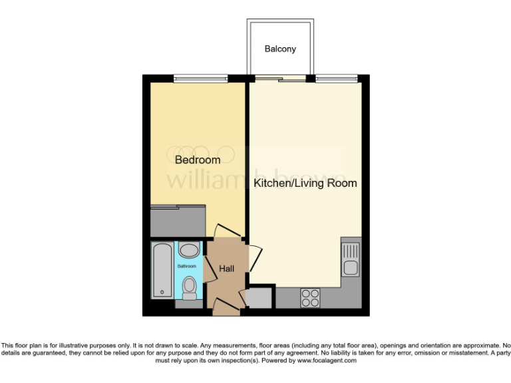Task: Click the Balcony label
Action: [x=280, y=49]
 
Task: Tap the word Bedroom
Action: [x=198, y=160]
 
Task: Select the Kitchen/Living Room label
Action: [x=305, y=183]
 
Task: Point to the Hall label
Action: [x=228, y=269]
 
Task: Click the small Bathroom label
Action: [x=186, y=266]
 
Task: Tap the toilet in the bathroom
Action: [x=189, y=287]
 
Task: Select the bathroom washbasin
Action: [x=189, y=251]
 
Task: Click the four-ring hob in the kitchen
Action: [x=309, y=297]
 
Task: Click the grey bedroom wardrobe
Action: [x=178, y=221]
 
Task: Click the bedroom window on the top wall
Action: [x=198, y=79]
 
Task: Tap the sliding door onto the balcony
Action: [x=279, y=80]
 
